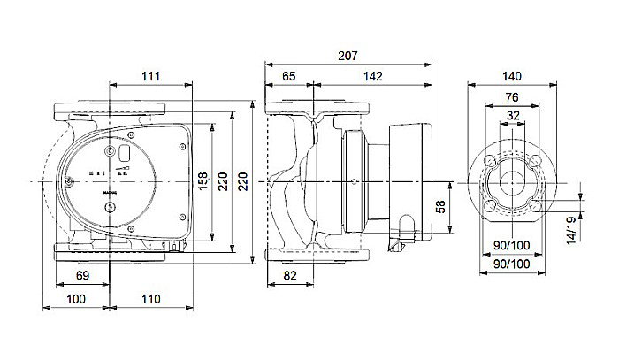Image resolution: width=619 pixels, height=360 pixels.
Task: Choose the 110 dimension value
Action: tap(150, 300)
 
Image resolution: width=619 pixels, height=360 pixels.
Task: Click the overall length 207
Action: tap(348, 57)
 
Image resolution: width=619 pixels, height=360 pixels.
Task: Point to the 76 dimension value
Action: tap(512, 96)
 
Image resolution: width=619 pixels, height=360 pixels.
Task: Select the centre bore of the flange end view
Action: tap(512, 182)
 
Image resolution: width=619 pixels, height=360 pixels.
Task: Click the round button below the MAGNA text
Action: tap(111, 210)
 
